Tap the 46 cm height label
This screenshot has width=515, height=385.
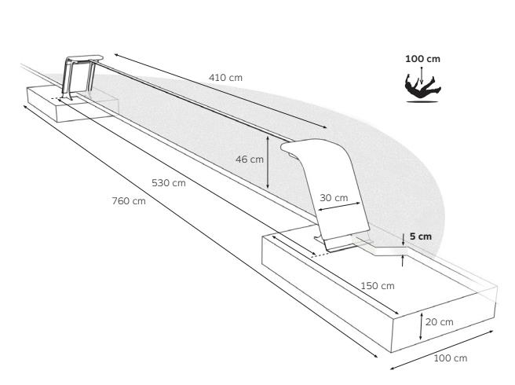coord(250,159)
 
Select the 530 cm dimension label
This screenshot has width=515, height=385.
coord(168,183)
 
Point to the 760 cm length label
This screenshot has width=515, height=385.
coord(129,200)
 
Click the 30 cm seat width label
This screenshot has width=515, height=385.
coord(335,197)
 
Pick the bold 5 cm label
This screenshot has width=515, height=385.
coord(420,236)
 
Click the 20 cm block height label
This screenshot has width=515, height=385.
coord(440,321)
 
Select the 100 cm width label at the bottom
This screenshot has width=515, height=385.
coord(450,358)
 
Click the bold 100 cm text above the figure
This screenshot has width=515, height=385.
coord(422,59)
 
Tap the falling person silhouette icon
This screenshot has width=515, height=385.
coord(422,87)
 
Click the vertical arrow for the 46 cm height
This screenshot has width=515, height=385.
coord(268,161)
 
